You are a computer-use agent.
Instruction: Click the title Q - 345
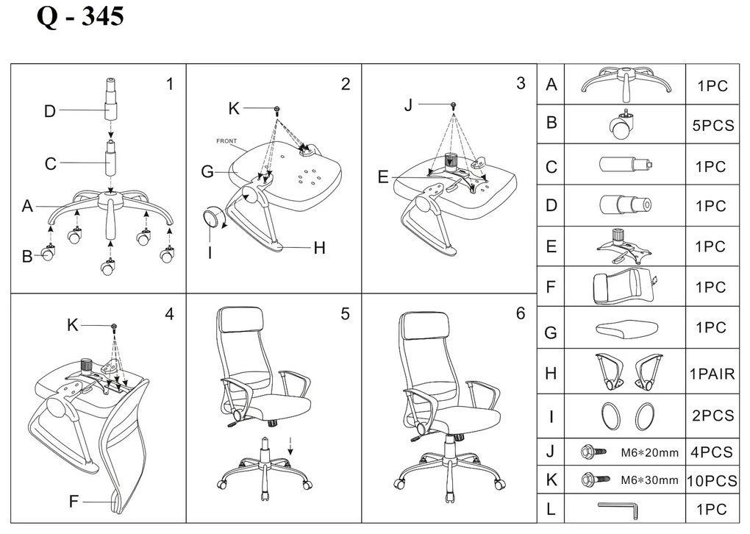coord(80,16)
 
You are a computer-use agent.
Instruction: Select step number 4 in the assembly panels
coord(169,314)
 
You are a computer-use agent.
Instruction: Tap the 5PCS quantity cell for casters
coord(712,125)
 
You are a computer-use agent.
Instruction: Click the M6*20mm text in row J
coord(649,452)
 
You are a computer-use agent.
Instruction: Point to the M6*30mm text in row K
coord(649,480)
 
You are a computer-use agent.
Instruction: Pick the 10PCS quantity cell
coord(712,480)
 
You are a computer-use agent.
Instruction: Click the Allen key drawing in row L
coord(618,509)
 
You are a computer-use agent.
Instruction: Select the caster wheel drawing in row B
coord(621,125)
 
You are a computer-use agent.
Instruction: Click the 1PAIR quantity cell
coord(712,373)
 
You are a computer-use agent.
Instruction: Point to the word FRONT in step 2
coord(226,141)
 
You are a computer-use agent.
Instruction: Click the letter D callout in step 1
coord(50,111)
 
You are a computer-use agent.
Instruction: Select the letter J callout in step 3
coord(408,104)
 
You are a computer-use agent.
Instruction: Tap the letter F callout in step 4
coord(74,502)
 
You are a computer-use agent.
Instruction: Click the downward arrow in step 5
coord(290,446)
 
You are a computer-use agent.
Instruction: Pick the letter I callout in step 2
coord(210,252)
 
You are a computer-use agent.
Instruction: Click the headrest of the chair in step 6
coord(424,325)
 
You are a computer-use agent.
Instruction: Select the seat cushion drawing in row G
coord(626,328)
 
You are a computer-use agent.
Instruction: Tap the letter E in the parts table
coord(551,246)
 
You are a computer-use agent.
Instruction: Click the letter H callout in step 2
coord(320,248)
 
